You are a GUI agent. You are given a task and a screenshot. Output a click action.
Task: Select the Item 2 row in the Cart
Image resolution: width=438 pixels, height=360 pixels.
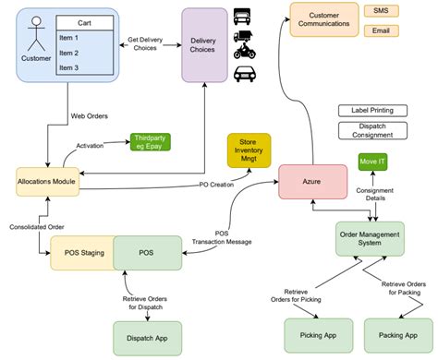point(83,53)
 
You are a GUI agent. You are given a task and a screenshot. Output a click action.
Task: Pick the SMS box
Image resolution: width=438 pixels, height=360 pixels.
point(381,10)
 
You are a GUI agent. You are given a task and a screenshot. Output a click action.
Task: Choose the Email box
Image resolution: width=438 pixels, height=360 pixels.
point(381,30)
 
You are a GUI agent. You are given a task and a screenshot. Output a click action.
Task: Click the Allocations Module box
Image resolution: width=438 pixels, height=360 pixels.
point(47,181)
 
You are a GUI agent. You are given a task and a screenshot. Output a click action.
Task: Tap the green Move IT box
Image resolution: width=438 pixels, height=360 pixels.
point(371,162)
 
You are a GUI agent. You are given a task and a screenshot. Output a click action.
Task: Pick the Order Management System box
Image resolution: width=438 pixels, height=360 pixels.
point(371,239)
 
